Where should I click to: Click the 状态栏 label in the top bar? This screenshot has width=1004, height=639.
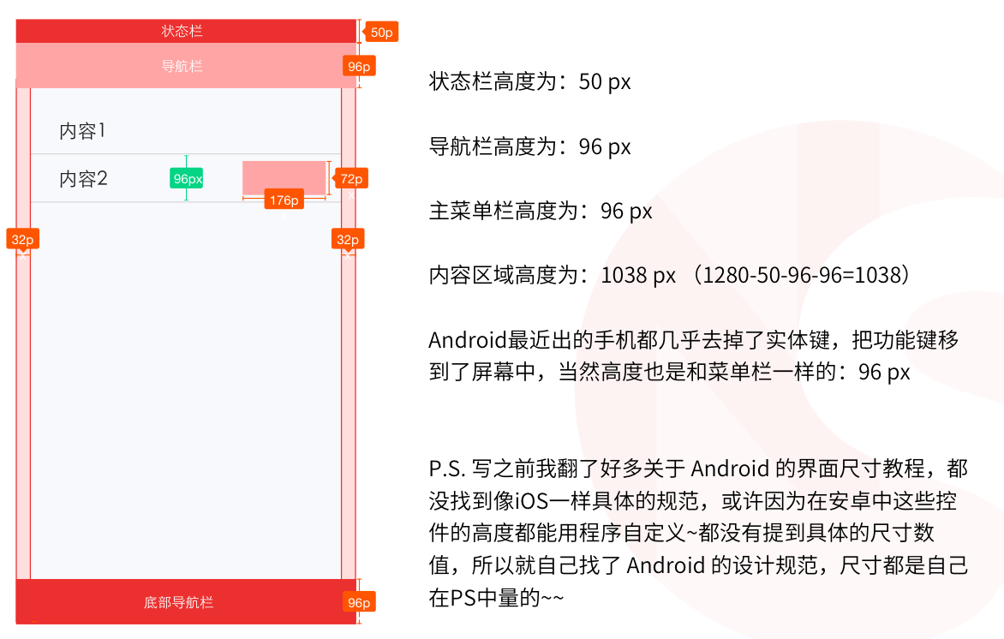182,31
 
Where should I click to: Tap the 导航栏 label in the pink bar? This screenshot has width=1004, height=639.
182,66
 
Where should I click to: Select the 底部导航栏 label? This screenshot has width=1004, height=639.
179,602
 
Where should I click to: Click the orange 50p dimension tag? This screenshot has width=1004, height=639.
381,32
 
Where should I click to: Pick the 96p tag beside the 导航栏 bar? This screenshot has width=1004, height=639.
359,67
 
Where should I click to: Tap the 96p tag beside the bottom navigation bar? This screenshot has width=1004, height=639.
359,602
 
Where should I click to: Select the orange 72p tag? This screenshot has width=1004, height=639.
351,179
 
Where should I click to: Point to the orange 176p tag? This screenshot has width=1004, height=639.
284,200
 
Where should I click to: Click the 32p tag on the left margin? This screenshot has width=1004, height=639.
22,240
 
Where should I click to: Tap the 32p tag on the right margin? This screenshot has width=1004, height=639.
348,240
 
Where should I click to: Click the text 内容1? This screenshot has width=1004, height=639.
82,131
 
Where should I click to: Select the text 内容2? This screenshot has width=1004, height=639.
83,179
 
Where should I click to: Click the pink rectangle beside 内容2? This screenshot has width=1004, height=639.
284,178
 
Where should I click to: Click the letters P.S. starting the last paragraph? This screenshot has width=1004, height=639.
447,469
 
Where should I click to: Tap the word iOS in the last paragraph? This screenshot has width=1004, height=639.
532,501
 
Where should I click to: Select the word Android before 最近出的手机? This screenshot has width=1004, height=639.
468,340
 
